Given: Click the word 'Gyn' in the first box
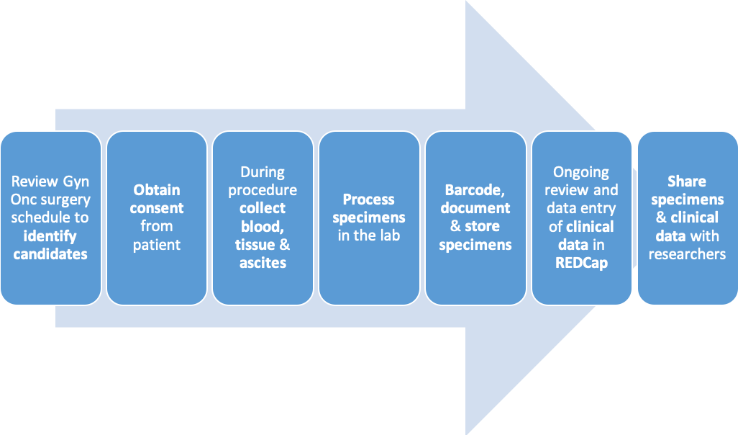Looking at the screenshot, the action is tap(76, 182).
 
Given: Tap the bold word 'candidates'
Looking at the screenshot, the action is tap(50, 254).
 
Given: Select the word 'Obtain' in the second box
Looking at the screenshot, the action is tap(157, 190).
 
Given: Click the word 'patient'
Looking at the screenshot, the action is tap(157, 246).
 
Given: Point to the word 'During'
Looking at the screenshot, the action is tap(263, 172).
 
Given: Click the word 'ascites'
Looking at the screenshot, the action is tap(263, 264).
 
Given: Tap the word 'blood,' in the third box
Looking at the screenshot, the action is tap(263, 228).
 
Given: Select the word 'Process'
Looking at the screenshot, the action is tap(369, 199).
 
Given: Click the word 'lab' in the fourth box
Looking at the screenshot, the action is tap(390, 236).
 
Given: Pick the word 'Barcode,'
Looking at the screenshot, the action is tap(475, 191).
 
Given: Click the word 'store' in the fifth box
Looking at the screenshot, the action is tap(482, 227).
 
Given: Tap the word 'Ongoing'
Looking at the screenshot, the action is tap(581, 173).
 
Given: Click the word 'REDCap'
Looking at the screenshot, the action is tap(581, 264).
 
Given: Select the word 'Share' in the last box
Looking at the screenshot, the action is tap(687, 181).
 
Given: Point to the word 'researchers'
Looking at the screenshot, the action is tap(687, 254).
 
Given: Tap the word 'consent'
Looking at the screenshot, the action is tap(157, 209).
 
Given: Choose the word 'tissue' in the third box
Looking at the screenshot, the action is tap(255, 246).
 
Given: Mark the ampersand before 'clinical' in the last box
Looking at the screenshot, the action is tap(661, 217).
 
